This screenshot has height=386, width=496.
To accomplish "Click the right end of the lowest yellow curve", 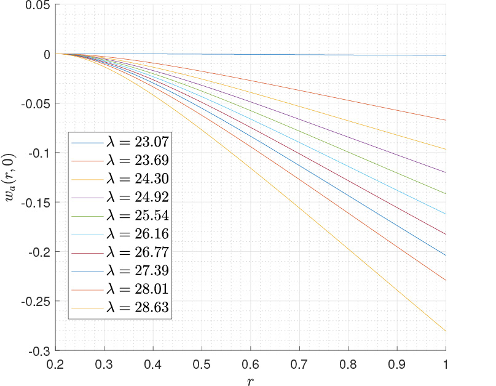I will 445,331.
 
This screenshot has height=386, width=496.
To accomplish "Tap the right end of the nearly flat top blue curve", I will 445,55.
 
